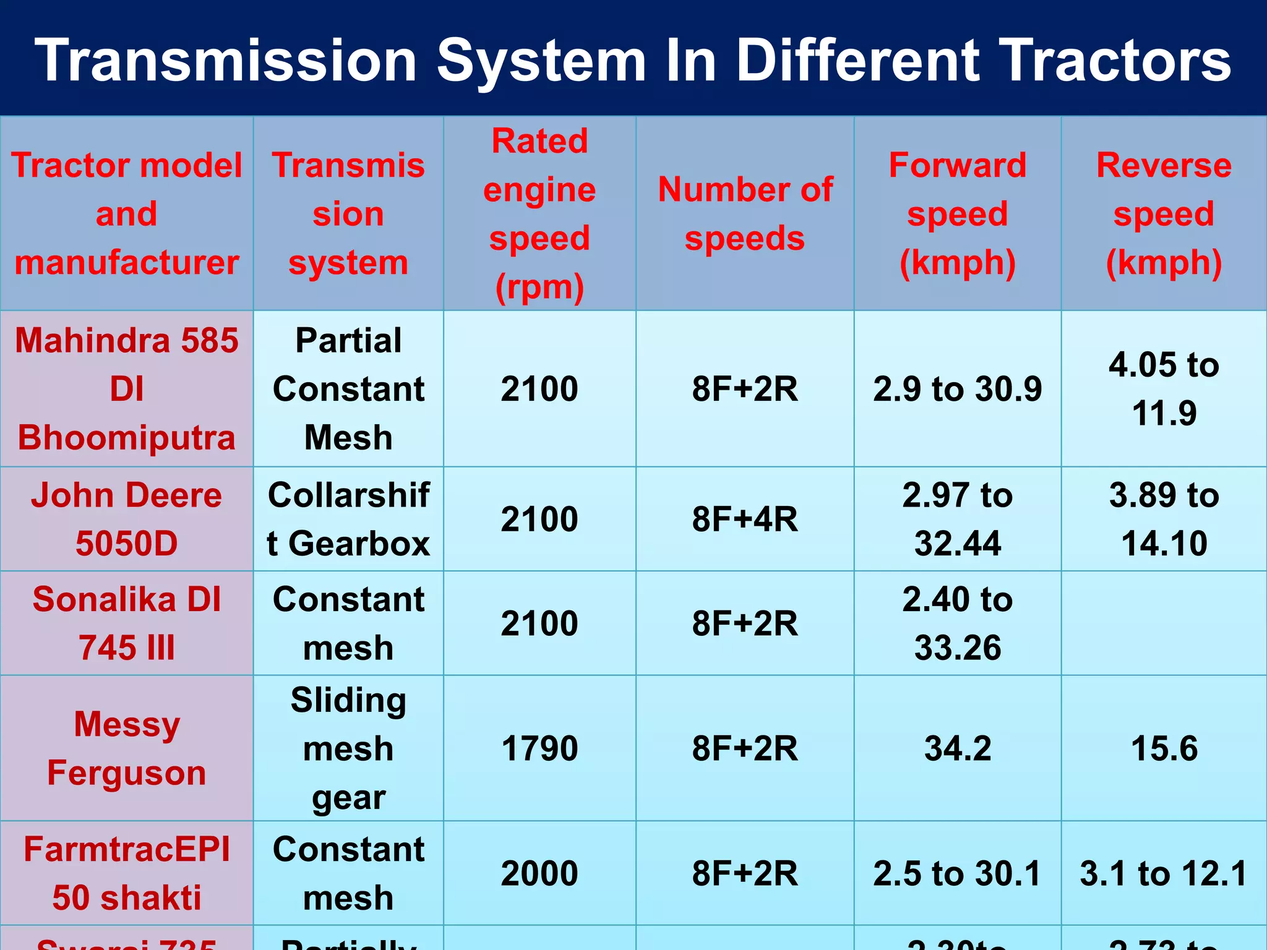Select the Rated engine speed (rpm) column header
539,214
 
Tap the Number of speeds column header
745,214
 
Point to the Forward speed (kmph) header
957,214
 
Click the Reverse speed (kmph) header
1164,214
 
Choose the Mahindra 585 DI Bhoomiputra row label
127,389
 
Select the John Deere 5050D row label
127,519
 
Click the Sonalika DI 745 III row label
127,623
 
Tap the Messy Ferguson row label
127,748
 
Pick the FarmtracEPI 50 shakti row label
127,873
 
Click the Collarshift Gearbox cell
348,519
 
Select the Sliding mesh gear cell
348,748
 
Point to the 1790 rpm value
539,748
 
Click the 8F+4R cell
745,519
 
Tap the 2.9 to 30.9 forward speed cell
957,389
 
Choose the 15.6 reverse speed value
1164,748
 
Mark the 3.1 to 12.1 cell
1164,873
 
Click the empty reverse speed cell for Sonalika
1164,623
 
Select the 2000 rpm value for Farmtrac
539,873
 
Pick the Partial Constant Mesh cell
348,389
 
